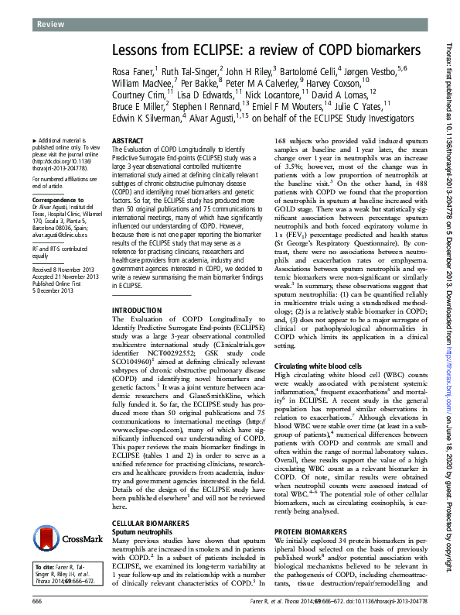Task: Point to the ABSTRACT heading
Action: [x=128, y=141]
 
